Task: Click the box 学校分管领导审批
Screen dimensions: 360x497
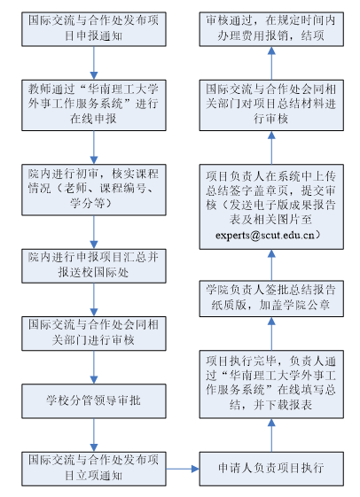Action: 94,401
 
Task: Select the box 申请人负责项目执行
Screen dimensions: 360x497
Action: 271,469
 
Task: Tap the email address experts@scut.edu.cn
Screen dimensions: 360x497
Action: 265,235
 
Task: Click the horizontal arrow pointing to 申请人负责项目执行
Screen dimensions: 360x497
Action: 183,469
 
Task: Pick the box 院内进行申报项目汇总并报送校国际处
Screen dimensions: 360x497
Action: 94,266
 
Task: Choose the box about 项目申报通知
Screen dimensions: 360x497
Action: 94,29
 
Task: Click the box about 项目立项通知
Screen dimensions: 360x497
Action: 94,469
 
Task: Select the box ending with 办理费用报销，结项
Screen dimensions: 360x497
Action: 271,29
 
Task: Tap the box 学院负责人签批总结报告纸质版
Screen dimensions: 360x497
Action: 271,299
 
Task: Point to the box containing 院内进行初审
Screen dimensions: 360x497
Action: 94,190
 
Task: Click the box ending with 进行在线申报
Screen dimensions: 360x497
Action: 94,105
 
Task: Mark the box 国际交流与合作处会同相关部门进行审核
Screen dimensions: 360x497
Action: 94,333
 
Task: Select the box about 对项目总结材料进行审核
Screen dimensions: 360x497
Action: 271,105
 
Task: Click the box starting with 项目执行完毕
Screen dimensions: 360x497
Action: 271,384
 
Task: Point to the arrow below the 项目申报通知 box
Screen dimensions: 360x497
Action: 94,63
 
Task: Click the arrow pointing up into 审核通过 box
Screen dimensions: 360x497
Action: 271,63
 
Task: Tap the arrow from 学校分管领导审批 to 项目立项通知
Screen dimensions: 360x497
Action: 94,435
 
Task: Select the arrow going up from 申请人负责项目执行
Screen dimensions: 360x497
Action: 271,435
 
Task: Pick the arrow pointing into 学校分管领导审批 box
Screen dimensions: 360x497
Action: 94,367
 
